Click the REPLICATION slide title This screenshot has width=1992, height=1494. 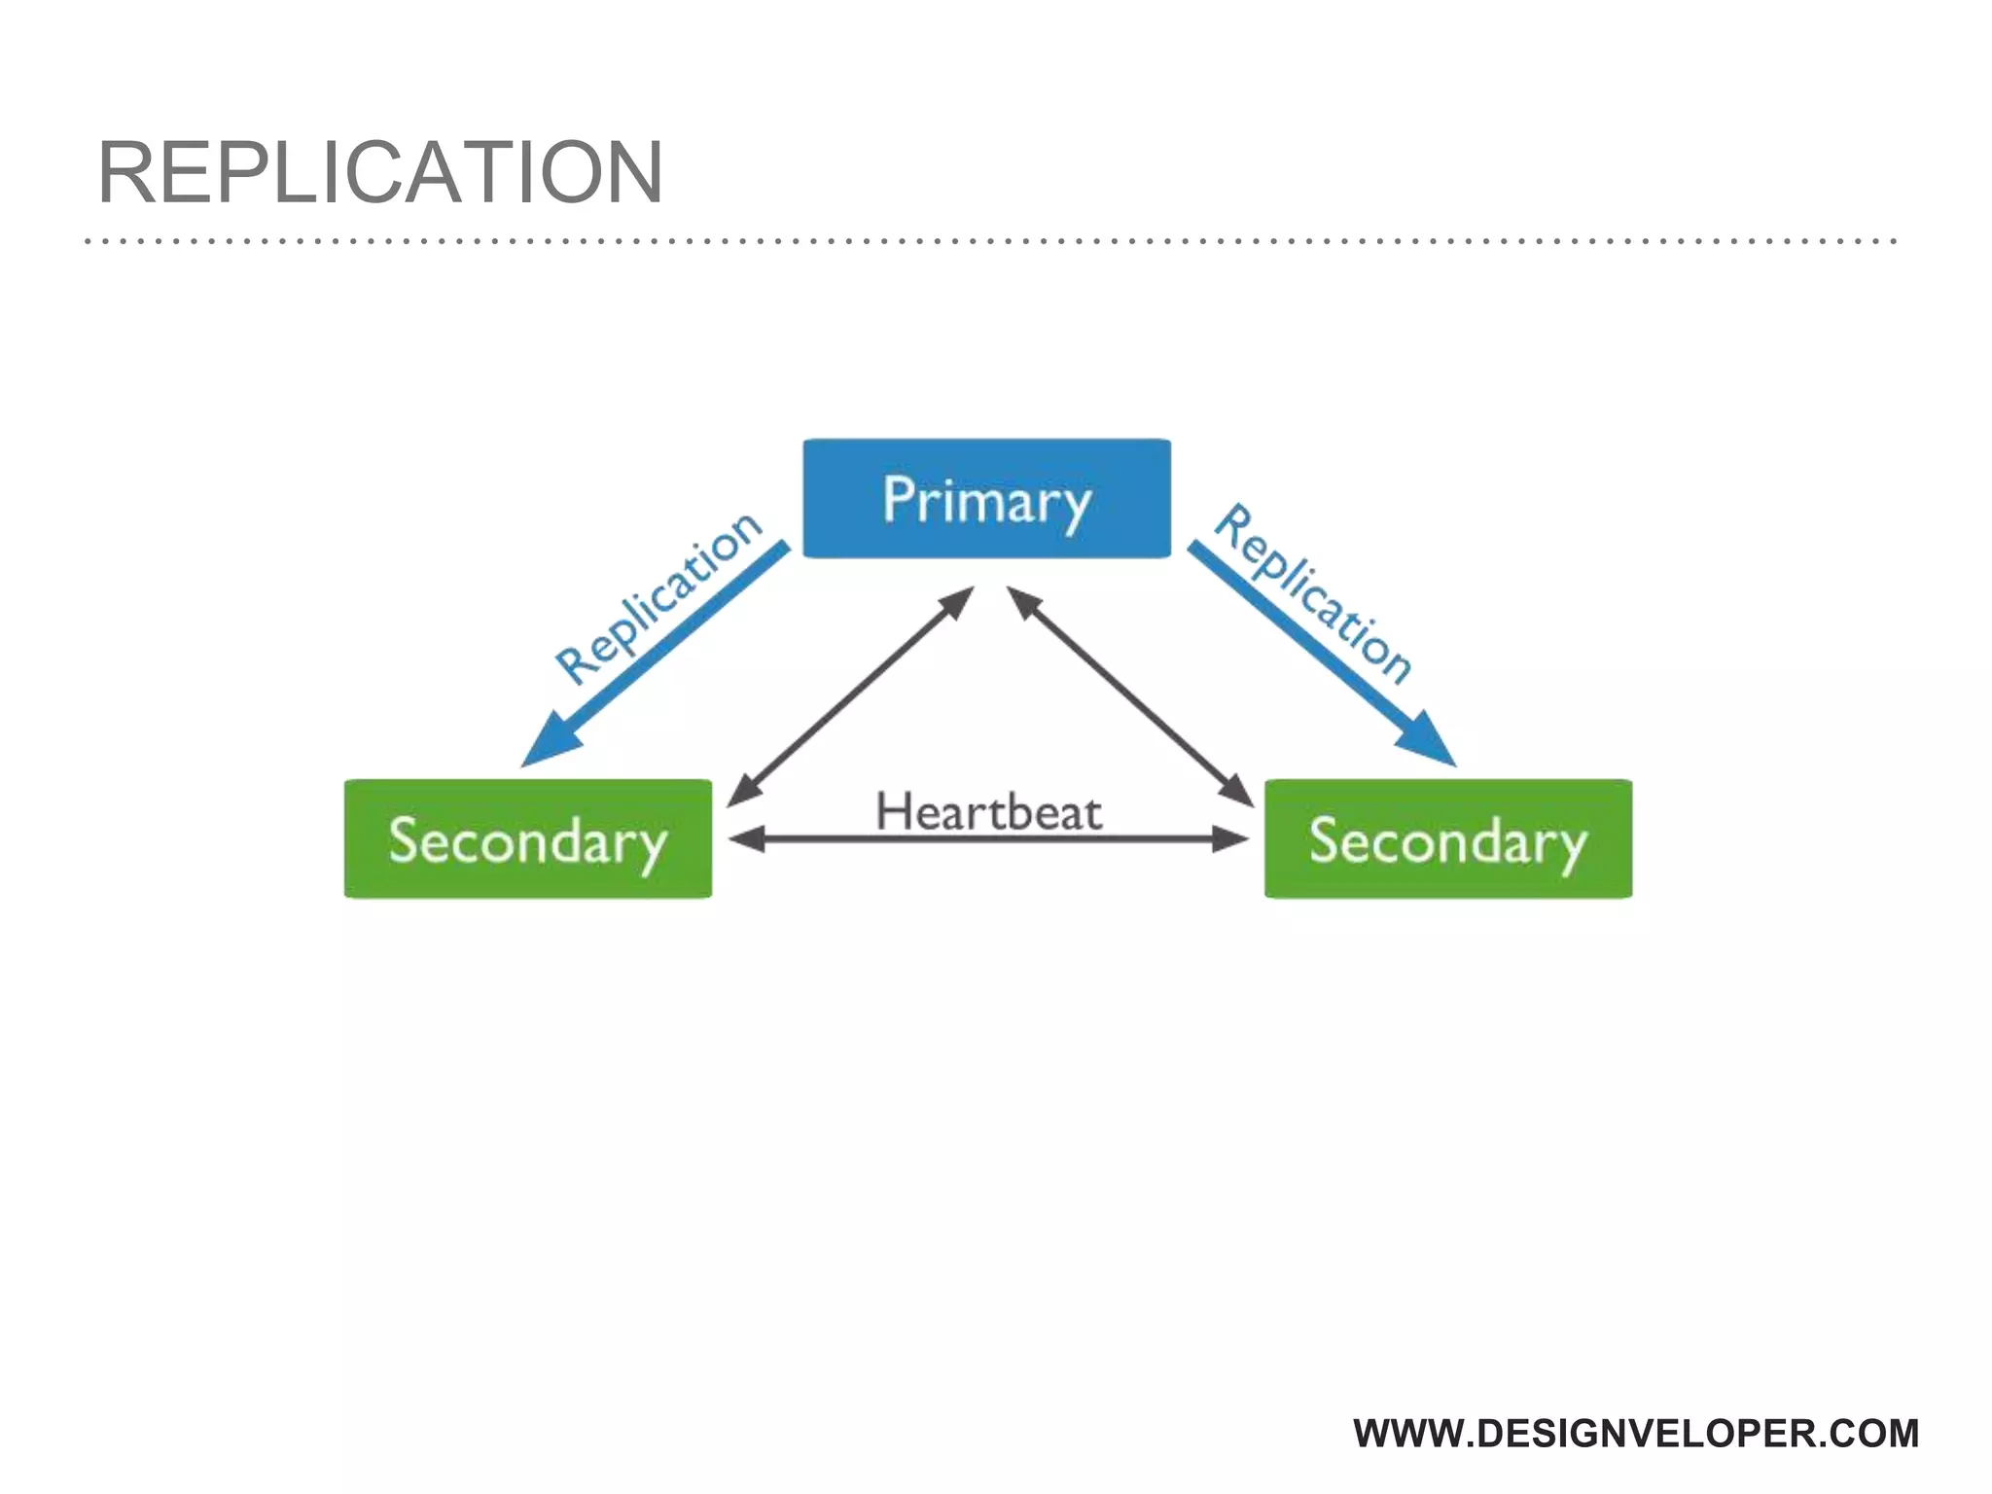pos(380,172)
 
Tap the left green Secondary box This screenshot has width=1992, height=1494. pos(527,838)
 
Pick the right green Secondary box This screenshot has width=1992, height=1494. pos(1447,838)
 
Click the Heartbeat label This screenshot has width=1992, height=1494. pos(988,811)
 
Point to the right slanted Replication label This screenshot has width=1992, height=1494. pos(1314,593)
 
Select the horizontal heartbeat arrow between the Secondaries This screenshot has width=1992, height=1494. pos(988,838)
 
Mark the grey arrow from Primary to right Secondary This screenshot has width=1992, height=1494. pos(1130,696)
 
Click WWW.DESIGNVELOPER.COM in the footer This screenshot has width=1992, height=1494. pos(1636,1434)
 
